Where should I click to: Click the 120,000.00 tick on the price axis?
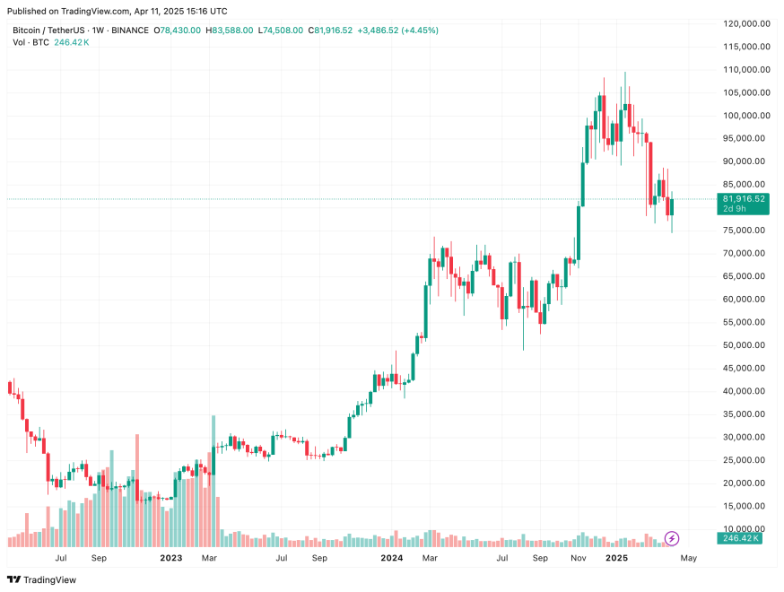[744, 23]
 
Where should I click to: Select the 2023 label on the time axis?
[171, 558]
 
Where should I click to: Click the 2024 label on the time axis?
[391, 558]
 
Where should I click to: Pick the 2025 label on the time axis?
[616, 558]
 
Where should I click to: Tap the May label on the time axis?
[688, 558]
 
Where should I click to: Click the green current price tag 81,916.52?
[744, 198]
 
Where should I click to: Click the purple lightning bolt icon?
[671, 538]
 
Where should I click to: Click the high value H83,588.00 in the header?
[230, 30]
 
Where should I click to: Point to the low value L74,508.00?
[282, 30]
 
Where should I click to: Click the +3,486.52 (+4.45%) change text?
[397, 30]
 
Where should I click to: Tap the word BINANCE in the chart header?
[128, 30]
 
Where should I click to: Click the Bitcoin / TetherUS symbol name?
[47, 30]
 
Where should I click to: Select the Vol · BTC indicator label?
[30, 42]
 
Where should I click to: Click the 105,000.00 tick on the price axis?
[744, 92]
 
